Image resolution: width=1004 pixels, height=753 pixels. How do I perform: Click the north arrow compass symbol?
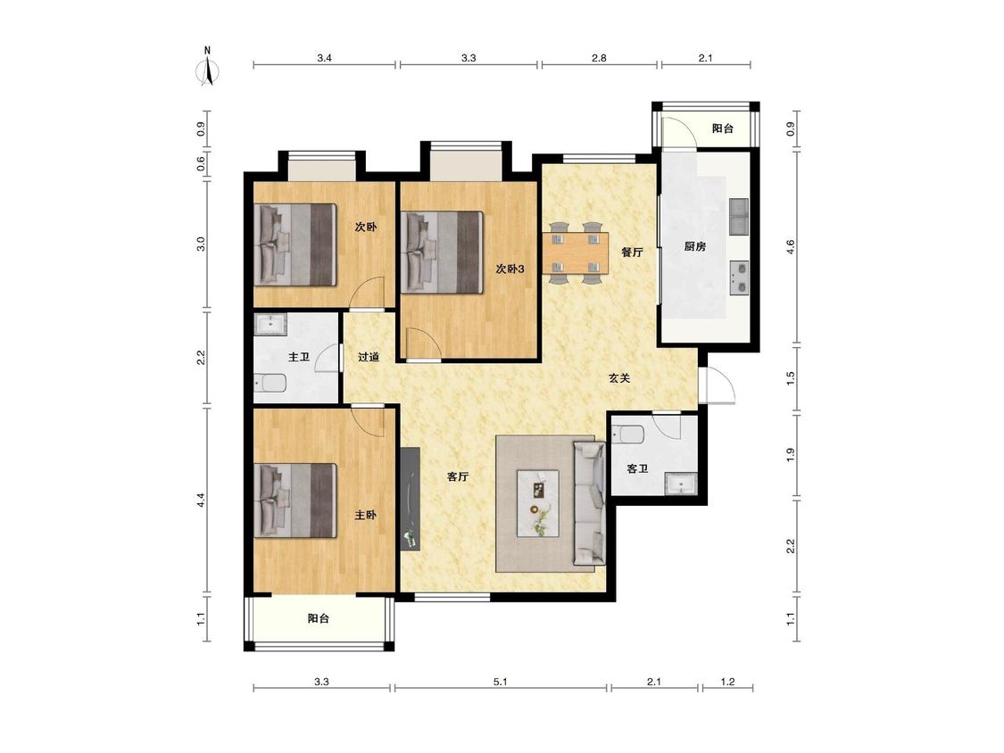point(207,67)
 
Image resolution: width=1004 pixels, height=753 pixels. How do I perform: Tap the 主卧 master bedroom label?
point(366,515)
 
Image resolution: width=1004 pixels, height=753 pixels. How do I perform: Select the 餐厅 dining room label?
point(632,252)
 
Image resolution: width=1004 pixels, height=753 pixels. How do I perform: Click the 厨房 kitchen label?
point(694,246)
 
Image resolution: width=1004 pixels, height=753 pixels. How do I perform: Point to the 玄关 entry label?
point(619,377)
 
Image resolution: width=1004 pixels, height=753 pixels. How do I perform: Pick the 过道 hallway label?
point(369,357)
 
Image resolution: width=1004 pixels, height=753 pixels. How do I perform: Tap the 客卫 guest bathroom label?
point(637,468)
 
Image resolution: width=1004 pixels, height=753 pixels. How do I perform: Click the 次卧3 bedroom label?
point(510,269)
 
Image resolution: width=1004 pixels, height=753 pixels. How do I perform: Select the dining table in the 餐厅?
point(576,252)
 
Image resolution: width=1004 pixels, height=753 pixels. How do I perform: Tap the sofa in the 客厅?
point(589,503)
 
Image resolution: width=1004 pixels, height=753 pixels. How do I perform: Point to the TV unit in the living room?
point(410,499)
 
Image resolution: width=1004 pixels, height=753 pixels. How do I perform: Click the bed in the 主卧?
point(295,501)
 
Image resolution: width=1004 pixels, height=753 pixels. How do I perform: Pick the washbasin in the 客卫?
point(681,484)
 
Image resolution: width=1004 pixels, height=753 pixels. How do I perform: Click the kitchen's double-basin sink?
point(739,217)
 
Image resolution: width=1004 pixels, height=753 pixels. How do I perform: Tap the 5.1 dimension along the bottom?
point(500,682)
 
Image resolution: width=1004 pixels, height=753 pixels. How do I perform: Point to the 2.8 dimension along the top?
point(599,58)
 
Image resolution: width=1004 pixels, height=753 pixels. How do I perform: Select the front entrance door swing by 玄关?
point(718,385)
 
